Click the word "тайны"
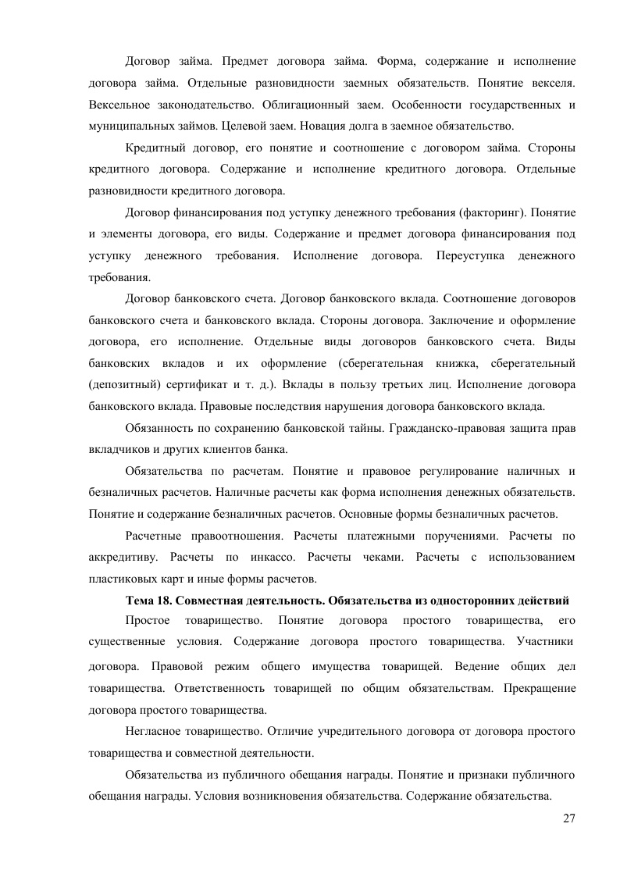363,427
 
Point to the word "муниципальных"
122,125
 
